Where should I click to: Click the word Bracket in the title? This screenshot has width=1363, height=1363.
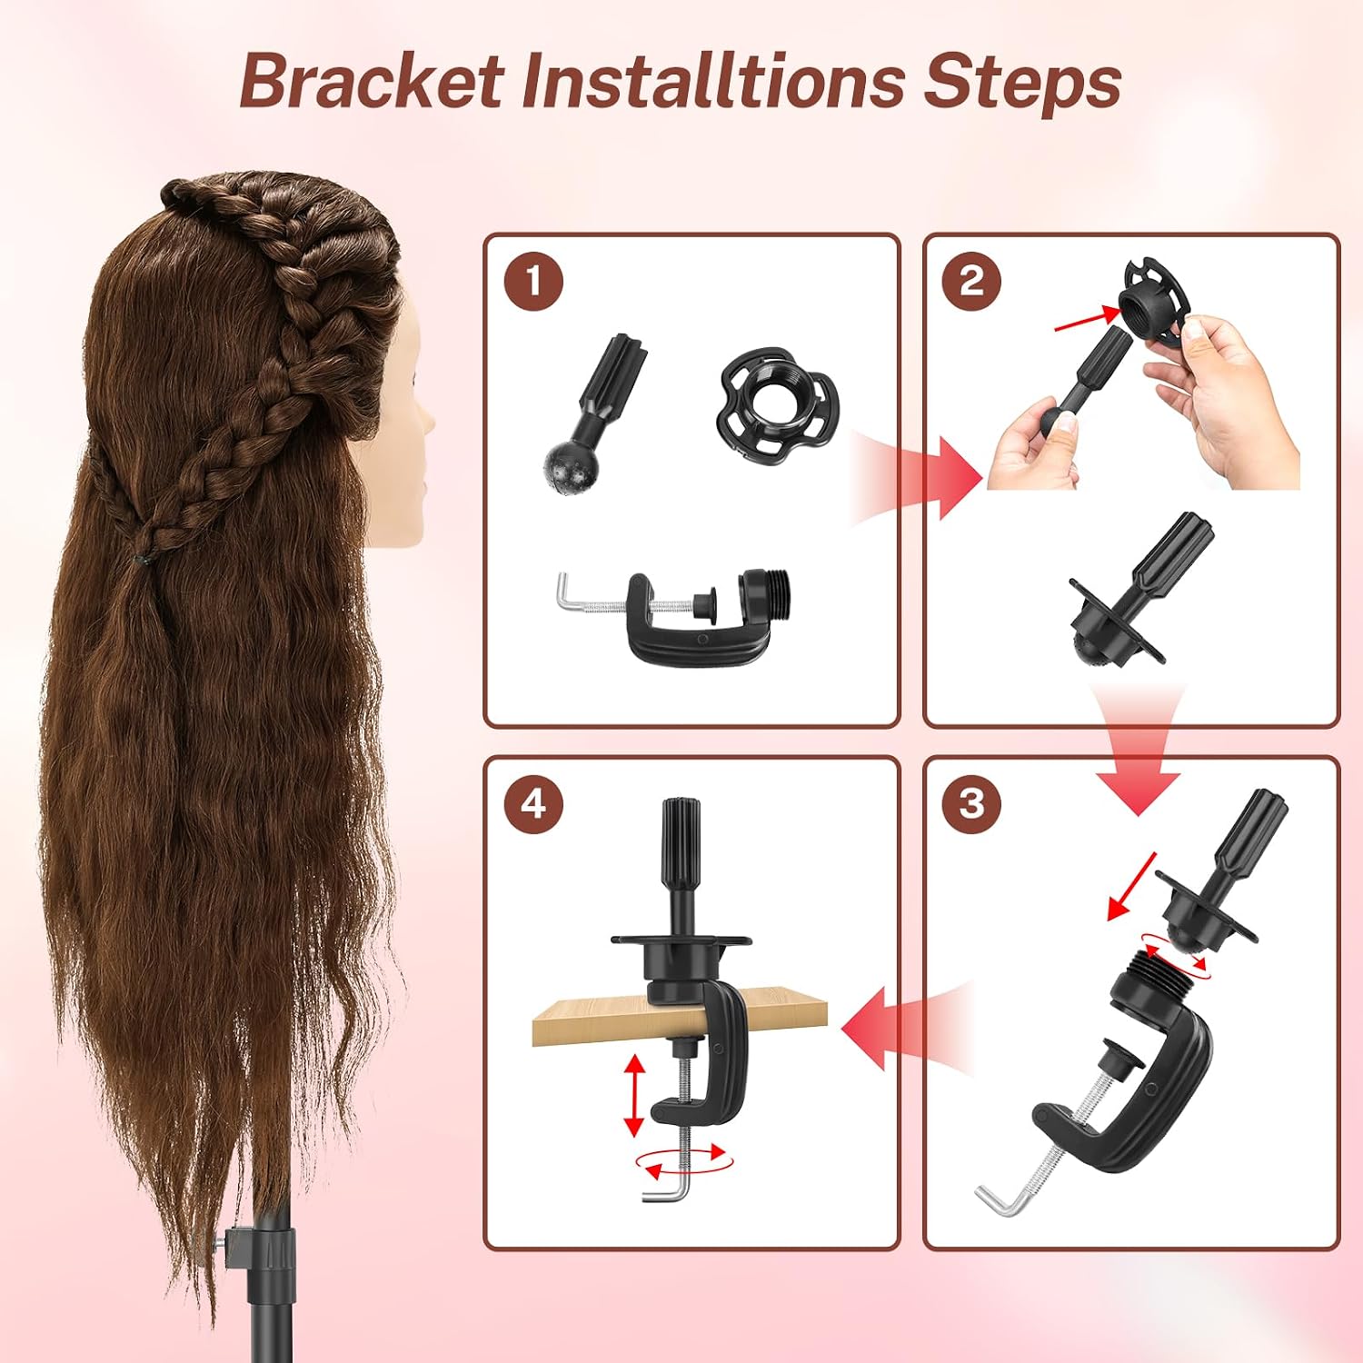click(x=373, y=82)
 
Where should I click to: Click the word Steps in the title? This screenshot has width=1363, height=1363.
click(x=1023, y=85)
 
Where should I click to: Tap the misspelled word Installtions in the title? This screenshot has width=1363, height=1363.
click(x=713, y=82)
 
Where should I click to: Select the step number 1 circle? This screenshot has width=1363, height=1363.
click(x=533, y=282)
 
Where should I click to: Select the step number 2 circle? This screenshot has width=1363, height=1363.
click(x=971, y=282)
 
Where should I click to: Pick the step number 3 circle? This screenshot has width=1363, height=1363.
click(x=971, y=803)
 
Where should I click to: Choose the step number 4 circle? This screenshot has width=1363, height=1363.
click(x=533, y=803)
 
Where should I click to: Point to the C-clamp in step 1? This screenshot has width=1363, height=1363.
click(x=677, y=615)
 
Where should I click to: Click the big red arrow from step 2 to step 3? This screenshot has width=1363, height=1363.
click(x=1138, y=750)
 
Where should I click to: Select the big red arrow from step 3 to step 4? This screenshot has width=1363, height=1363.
click(x=909, y=1030)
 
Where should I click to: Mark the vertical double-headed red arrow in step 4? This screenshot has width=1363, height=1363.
click(x=633, y=1095)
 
